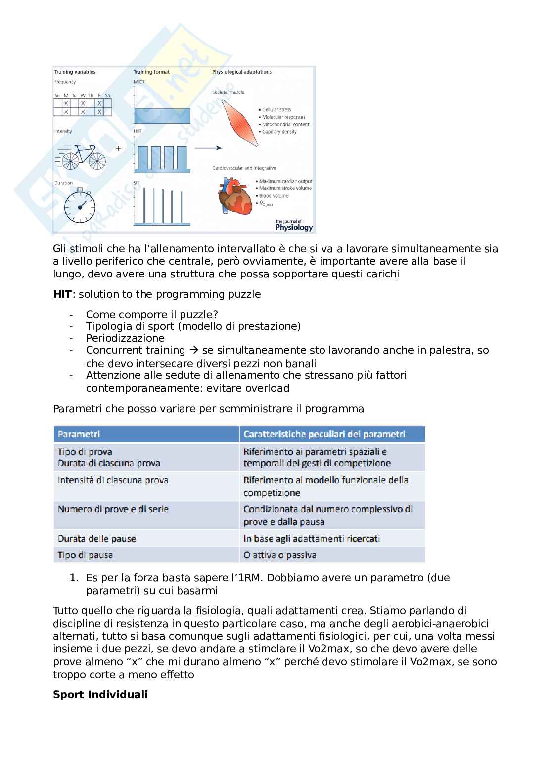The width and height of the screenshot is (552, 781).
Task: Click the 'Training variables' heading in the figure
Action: click(x=75, y=72)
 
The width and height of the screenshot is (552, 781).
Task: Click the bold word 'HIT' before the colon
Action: click(x=62, y=294)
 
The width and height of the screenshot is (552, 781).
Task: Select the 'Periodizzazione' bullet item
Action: click(x=125, y=338)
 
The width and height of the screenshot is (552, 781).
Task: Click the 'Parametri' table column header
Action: click(x=79, y=434)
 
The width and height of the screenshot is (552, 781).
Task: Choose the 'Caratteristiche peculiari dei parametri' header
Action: click(x=324, y=434)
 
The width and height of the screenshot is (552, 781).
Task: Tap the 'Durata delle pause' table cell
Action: click(x=97, y=538)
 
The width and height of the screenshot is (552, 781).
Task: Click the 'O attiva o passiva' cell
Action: click(x=280, y=555)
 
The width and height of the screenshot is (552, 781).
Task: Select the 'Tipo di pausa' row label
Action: click(x=85, y=555)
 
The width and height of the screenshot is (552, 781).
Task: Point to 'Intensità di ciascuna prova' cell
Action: click(x=113, y=480)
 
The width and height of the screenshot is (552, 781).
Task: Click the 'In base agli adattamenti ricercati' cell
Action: click(x=312, y=538)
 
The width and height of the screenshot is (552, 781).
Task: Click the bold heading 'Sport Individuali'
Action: click(x=100, y=694)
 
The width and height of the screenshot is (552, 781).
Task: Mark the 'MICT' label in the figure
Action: click(x=139, y=82)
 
